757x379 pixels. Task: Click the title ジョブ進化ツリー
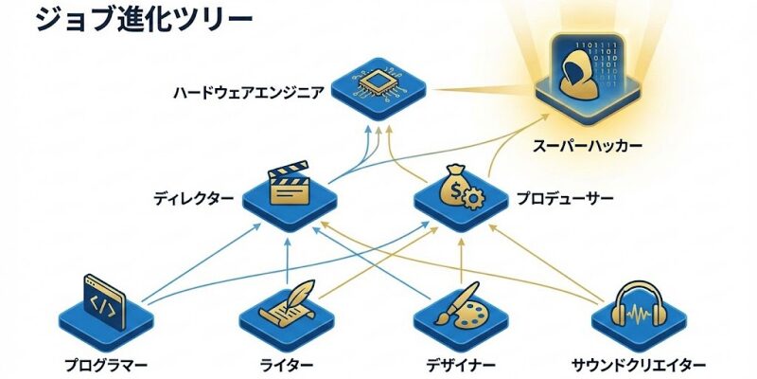(x=145, y=20)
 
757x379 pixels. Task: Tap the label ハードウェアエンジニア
(x=248, y=93)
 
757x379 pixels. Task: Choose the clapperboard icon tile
(x=290, y=189)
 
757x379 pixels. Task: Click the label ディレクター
(x=193, y=200)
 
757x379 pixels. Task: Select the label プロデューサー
(x=564, y=200)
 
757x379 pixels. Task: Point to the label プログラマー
(x=106, y=365)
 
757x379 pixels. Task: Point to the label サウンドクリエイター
(x=639, y=365)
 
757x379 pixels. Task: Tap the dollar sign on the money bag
(x=455, y=189)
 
